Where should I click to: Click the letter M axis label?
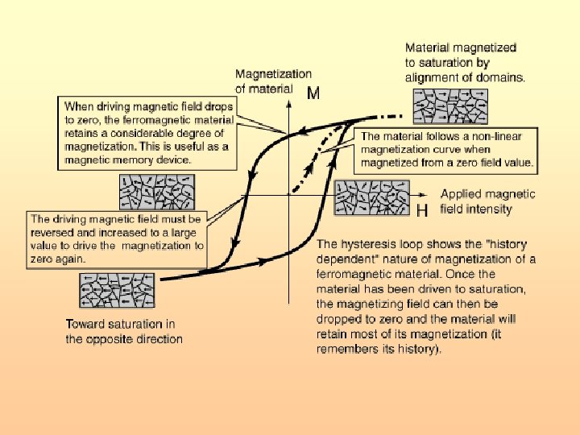click(x=314, y=93)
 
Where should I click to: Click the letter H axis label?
click(x=422, y=210)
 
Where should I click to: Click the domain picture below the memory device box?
click(x=151, y=193)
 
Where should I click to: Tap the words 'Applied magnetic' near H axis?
click(x=487, y=194)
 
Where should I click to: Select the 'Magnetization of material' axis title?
click(x=273, y=81)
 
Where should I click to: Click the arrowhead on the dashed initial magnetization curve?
click(x=311, y=165)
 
